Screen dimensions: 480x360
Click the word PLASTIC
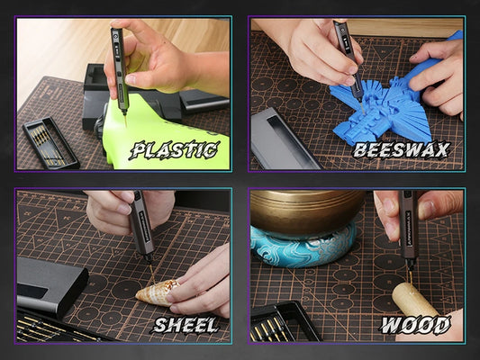coord(174,150)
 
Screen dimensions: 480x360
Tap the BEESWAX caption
coord(401,150)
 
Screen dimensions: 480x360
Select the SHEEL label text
coord(185,325)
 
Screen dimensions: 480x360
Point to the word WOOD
coord(415,325)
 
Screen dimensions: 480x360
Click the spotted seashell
coord(157,293)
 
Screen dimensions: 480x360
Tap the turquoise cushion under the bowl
coord(303,247)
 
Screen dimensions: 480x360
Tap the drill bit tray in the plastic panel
coord(51,142)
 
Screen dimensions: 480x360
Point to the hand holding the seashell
coord(199,283)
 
